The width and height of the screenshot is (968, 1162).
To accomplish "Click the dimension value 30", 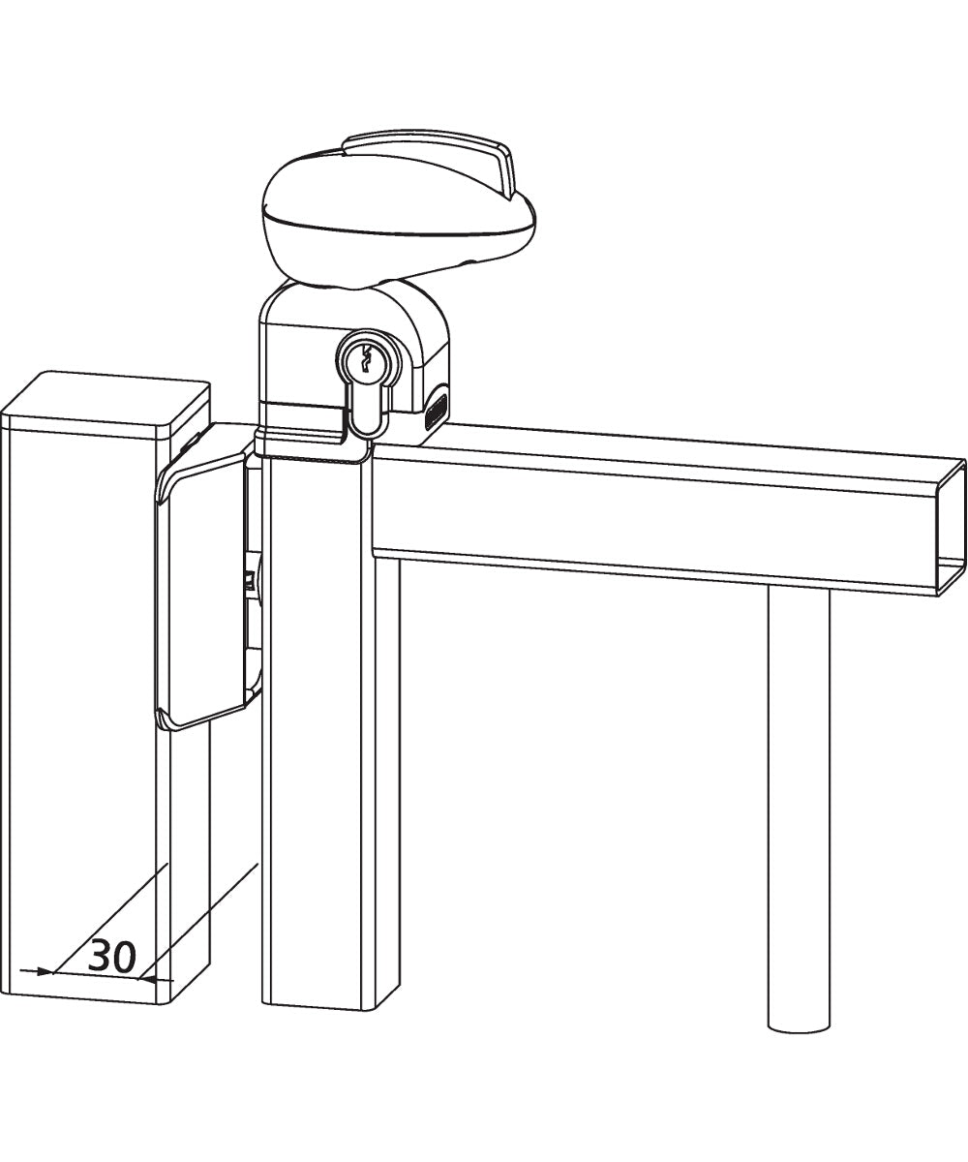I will [111, 957].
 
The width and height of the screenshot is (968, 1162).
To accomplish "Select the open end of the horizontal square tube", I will [953, 528].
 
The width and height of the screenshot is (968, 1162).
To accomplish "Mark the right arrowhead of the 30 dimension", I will [145, 978].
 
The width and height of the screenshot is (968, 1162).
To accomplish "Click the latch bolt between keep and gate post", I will [250, 581].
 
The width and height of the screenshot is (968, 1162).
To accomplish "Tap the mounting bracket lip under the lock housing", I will [310, 443].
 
